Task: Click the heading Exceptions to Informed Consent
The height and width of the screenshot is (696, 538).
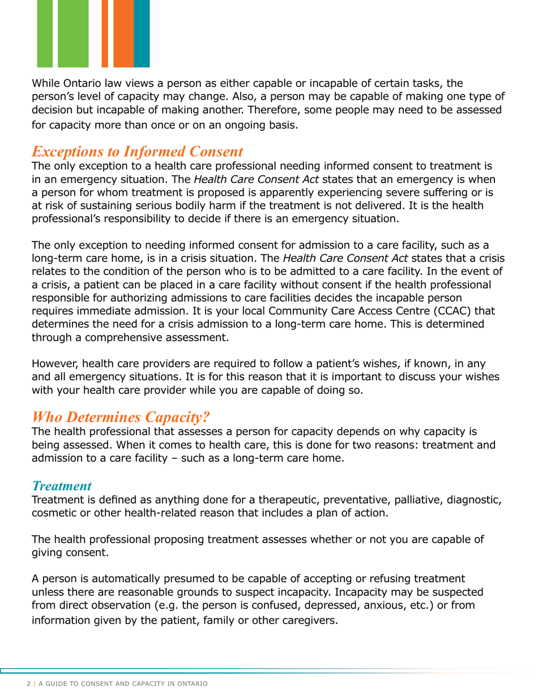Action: coord(138,152)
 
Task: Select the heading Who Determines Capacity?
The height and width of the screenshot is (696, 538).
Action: coord(121,417)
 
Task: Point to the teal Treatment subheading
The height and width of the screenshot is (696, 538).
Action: coord(62,486)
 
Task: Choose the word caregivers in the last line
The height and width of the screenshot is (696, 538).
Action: coord(306,620)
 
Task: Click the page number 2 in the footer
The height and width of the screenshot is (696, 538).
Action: coord(29,684)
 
